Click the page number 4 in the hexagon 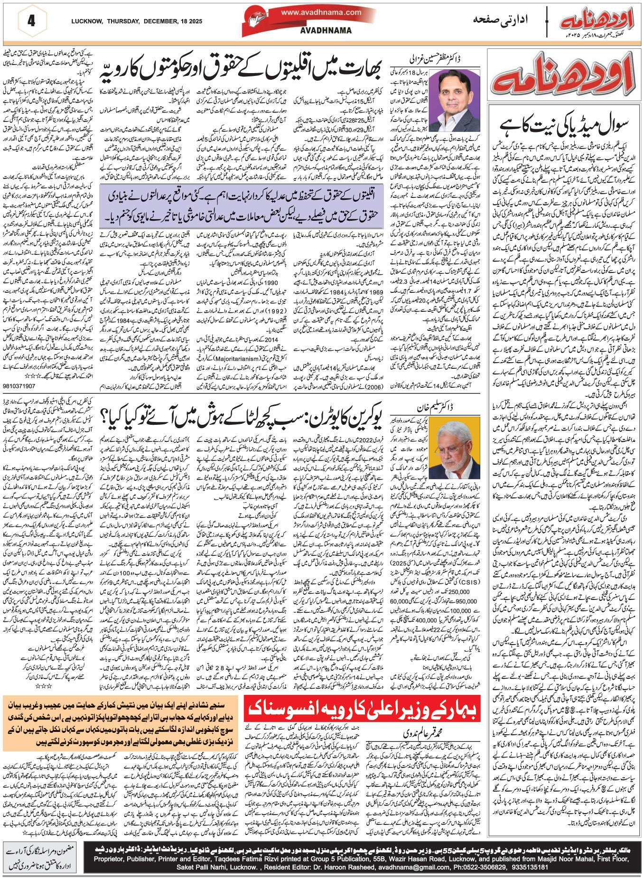tap(31, 21)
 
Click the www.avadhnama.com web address tap(321, 13)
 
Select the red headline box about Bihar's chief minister tap(363, 710)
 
